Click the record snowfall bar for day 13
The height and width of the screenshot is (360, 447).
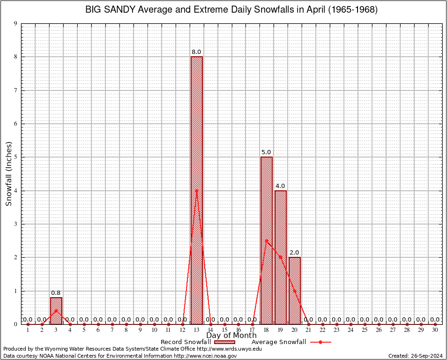pyautogui.click(x=196, y=141)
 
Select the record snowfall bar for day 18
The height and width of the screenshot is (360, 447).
pyautogui.click(x=267, y=211)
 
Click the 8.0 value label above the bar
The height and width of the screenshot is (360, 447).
pyautogui.click(x=196, y=52)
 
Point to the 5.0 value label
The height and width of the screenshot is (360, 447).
pyautogui.click(x=266, y=152)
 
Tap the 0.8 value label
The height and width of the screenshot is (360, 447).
pyautogui.click(x=56, y=292)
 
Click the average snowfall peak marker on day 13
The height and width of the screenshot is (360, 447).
pyautogui.click(x=196, y=190)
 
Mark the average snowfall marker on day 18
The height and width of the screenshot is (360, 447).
pyautogui.click(x=267, y=240)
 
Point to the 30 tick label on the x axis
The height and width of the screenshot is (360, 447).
pyautogui.click(x=435, y=330)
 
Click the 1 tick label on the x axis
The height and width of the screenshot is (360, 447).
pyautogui.click(x=28, y=330)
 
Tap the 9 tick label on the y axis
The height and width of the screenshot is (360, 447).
pyautogui.click(x=15, y=23)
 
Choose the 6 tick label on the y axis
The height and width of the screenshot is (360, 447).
pyautogui.click(x=15, y=124)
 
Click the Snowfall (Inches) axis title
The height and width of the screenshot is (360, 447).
pyautogui.click(x=8, y=174)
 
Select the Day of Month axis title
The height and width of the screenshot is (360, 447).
pyautogui.click(x=231, y=335)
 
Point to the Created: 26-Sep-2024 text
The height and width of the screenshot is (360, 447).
pyautogui.click(x=416, y=356)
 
